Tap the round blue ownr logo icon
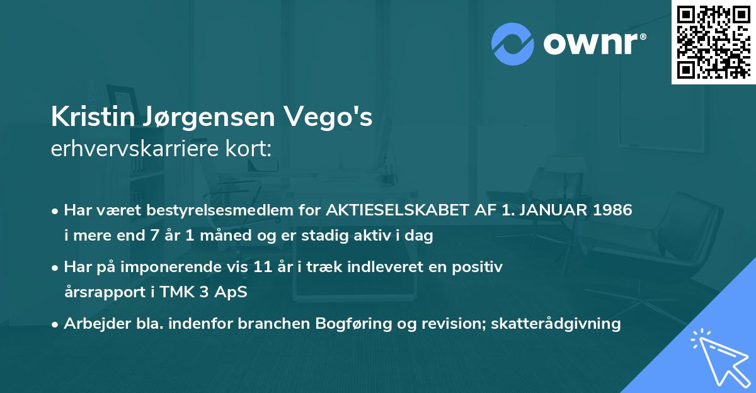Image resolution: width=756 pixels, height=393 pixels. pos(513,43)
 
